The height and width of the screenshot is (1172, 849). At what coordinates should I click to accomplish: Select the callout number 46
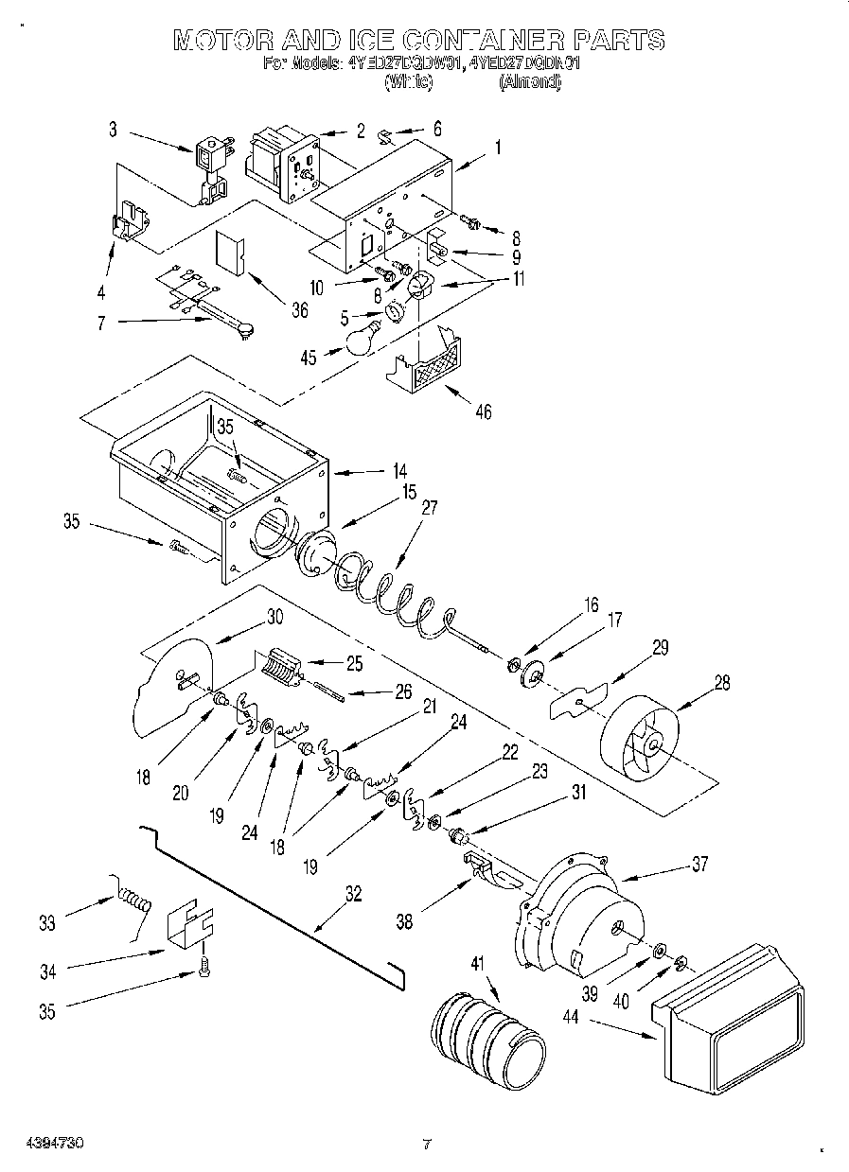coord(483,411)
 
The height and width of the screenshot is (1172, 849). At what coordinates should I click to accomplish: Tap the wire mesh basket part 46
coord(432,363)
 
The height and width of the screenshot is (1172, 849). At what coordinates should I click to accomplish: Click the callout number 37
coord(699,864)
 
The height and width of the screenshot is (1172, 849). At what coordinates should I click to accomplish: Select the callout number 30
coord(274,615)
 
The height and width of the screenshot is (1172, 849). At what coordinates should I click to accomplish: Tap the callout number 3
coord(113,130)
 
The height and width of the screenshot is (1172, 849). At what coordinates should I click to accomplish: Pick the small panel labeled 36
coord(230,252)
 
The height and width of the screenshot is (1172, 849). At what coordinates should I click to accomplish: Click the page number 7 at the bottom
coord(426,1144)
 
